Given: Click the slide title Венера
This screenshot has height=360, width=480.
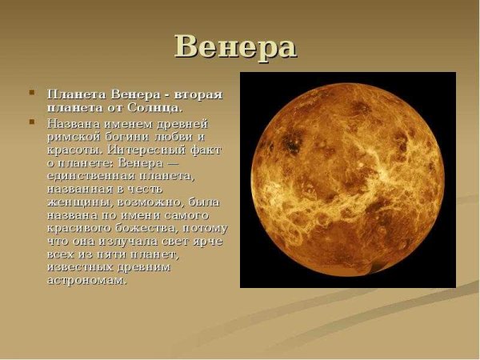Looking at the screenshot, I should tap(235, 46).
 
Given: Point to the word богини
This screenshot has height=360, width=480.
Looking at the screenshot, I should tap(123, 138).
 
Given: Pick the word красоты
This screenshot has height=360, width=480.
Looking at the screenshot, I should tap(71, 150).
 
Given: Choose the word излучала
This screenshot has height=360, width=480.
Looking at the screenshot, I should tap(130, 242).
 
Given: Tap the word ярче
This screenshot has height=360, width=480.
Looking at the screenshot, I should tap(209, 242).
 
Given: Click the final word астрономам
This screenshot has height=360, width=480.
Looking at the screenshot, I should tap(87, 281).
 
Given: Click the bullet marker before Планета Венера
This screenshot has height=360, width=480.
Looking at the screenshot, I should tap(32, 94).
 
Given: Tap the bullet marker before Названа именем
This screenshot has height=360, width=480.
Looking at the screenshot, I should tap(32, 123).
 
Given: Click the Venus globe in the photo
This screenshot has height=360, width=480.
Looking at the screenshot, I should tap(347, 180).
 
